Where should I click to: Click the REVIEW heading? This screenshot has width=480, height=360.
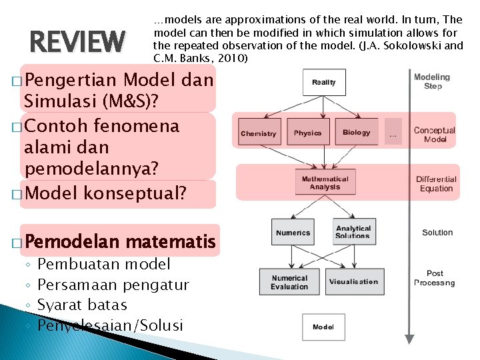77,42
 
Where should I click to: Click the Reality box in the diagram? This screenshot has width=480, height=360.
324,83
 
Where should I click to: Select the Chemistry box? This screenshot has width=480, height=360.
259,132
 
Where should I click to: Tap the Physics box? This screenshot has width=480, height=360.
307,132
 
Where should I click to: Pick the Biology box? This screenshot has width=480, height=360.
356,132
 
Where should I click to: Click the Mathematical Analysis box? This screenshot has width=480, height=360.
325,183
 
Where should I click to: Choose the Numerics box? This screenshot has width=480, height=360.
293,232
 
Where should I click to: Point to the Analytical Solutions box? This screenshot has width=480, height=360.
353,232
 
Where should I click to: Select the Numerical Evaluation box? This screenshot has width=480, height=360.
289,282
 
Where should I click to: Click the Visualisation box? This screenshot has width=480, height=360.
353,281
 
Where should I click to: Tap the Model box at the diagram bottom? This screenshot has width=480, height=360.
323,327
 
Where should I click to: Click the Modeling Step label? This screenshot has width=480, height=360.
433,81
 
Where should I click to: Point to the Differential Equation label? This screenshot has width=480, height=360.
436,183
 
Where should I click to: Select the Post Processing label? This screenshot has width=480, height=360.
435,278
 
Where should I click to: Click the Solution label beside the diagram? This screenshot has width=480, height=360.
437,233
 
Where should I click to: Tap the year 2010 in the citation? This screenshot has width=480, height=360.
233,59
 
